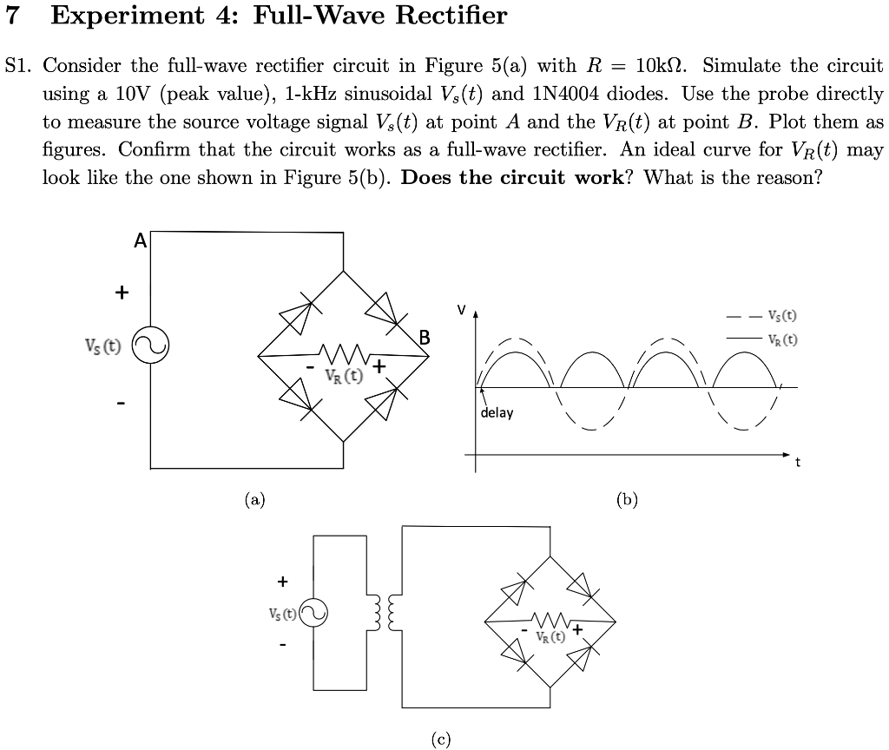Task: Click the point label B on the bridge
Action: coord(425,337)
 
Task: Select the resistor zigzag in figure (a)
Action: coord(345,353)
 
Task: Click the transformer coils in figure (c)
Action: coord(383,612)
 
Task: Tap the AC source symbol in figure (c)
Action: coord(313,612)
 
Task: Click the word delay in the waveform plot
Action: coord(497,412)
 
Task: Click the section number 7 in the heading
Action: coord(16,16)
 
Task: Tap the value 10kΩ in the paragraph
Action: coord(664,66)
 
